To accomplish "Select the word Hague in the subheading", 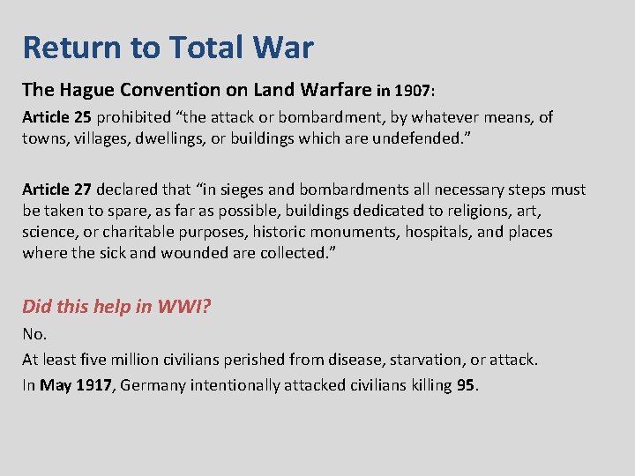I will click(86, 89).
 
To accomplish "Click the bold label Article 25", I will click(56, 117).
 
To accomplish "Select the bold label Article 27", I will click(56, 190).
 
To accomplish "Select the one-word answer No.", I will click(34, 334).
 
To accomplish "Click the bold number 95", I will click(466, 385).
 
